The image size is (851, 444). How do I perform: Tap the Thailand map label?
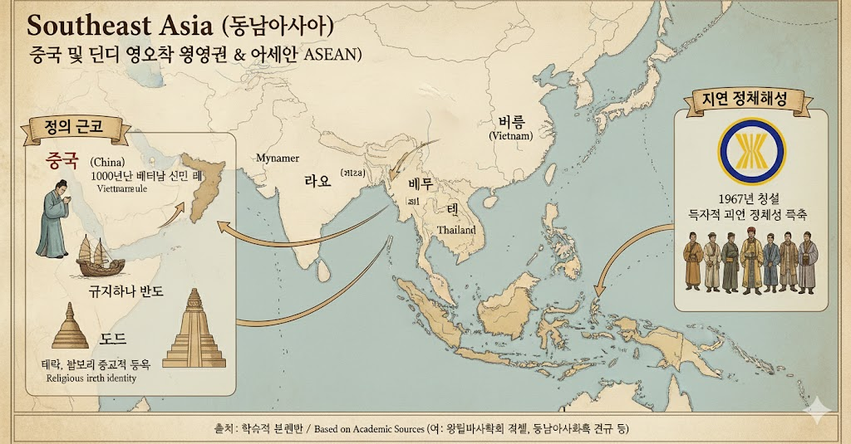pyautogui.click(x=456, y=229)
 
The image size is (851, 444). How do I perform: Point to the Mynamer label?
pyautogui.click(x=278, y=158)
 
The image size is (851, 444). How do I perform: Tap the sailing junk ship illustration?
pyautogui.click(x=100, y=256)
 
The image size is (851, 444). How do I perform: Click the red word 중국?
pyautogui.click(x=61, y=159)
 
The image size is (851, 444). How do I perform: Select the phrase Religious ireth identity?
pyautogui.click(x=91, y=378)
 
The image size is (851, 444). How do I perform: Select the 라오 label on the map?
pyautogui.click(x=317, y=181)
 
